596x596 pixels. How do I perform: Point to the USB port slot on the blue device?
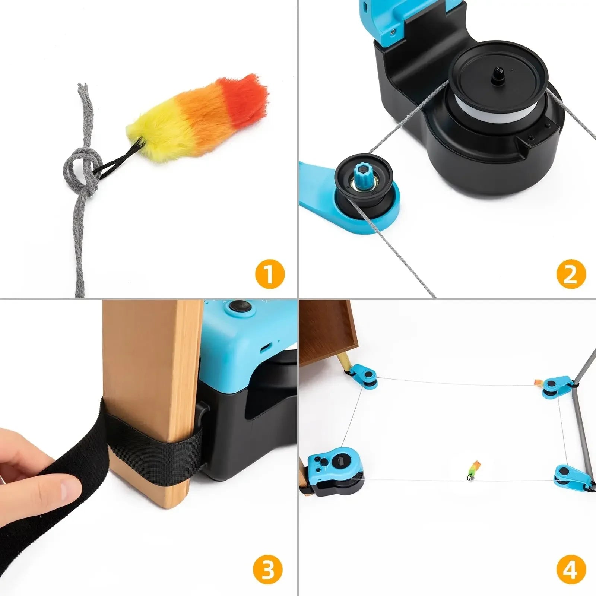click(x=266, y=348)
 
